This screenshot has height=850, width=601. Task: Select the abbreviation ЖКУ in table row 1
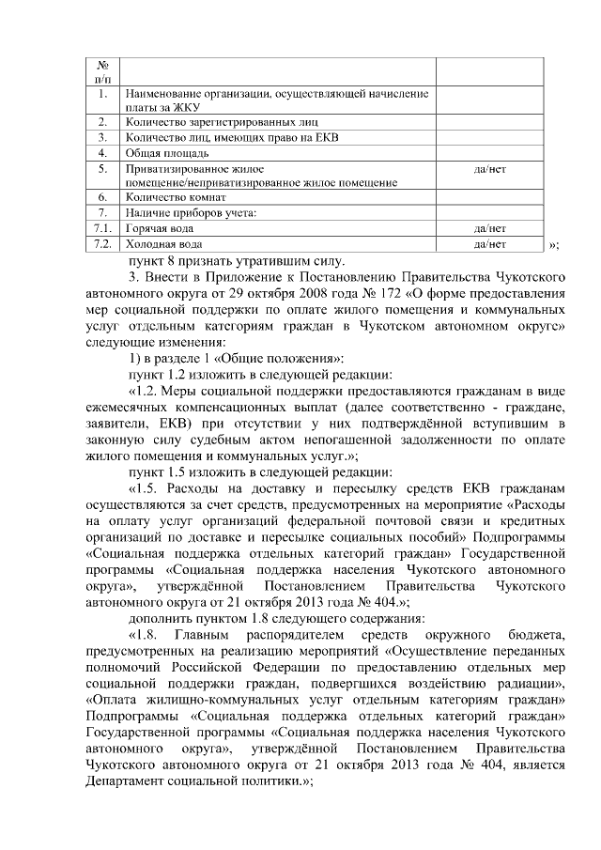pos(149,108)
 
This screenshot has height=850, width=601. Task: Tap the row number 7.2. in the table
pos(103,243)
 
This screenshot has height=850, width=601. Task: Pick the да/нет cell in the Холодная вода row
pos(490,243)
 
